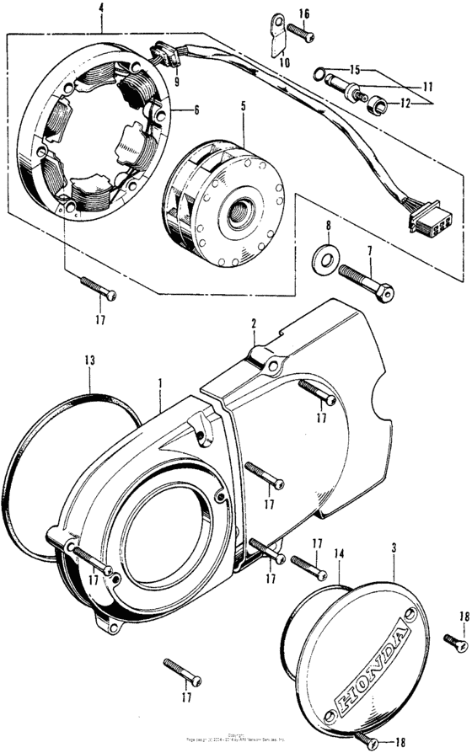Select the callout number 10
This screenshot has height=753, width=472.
pos(283,62)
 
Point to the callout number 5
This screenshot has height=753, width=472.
pos(243,107)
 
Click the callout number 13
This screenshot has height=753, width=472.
pos(90,360)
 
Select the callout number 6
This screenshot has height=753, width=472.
pos(196,109)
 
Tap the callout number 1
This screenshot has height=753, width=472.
pos(158,382)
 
